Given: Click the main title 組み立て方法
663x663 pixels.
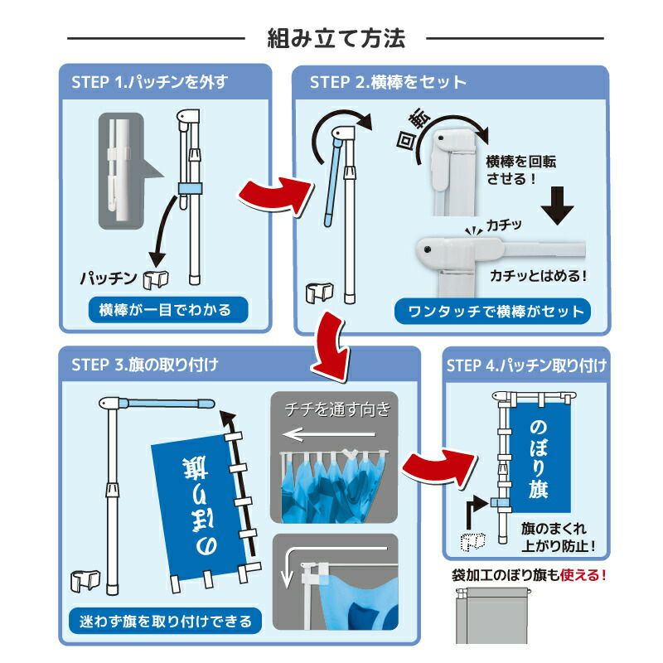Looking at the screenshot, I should click(x=335, y=39).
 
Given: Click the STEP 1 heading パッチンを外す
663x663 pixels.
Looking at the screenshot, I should click(x=149, y=82).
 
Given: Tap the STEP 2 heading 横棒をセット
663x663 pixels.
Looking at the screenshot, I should click(x=388, y=82).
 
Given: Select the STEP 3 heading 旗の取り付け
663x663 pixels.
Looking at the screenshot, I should click(x=139, y=363).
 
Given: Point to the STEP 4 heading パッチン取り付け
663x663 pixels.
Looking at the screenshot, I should click(x=525, y=364).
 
